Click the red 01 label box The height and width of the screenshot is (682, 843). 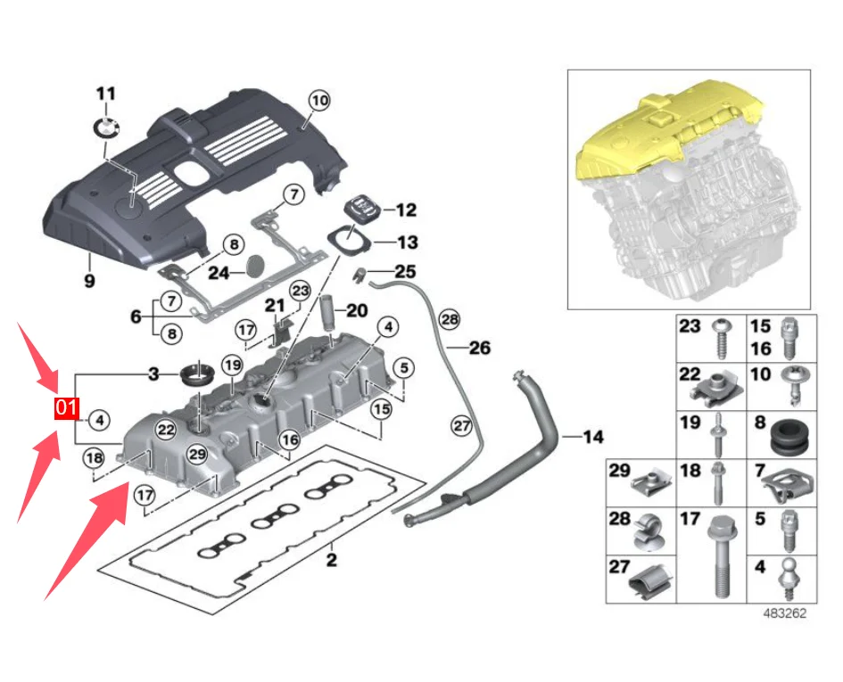(66, 408)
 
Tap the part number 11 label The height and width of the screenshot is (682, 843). (106, 94)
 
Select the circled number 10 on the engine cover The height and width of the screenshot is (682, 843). (318, 100)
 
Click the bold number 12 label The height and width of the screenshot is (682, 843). (406, 210)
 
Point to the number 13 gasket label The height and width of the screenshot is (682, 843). (407, 242)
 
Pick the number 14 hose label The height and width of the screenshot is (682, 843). (593, 437)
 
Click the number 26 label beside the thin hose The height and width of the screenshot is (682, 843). (480, 348)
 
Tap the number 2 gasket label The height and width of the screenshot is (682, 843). (332, 561)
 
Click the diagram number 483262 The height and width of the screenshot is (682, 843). (785, 613)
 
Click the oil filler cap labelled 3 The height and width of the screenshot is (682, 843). (196, 373)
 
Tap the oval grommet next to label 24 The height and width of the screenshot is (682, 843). (257, 266)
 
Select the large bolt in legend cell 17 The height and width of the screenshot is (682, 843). (718, 558)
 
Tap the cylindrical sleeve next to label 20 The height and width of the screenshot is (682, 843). (327, 312)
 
